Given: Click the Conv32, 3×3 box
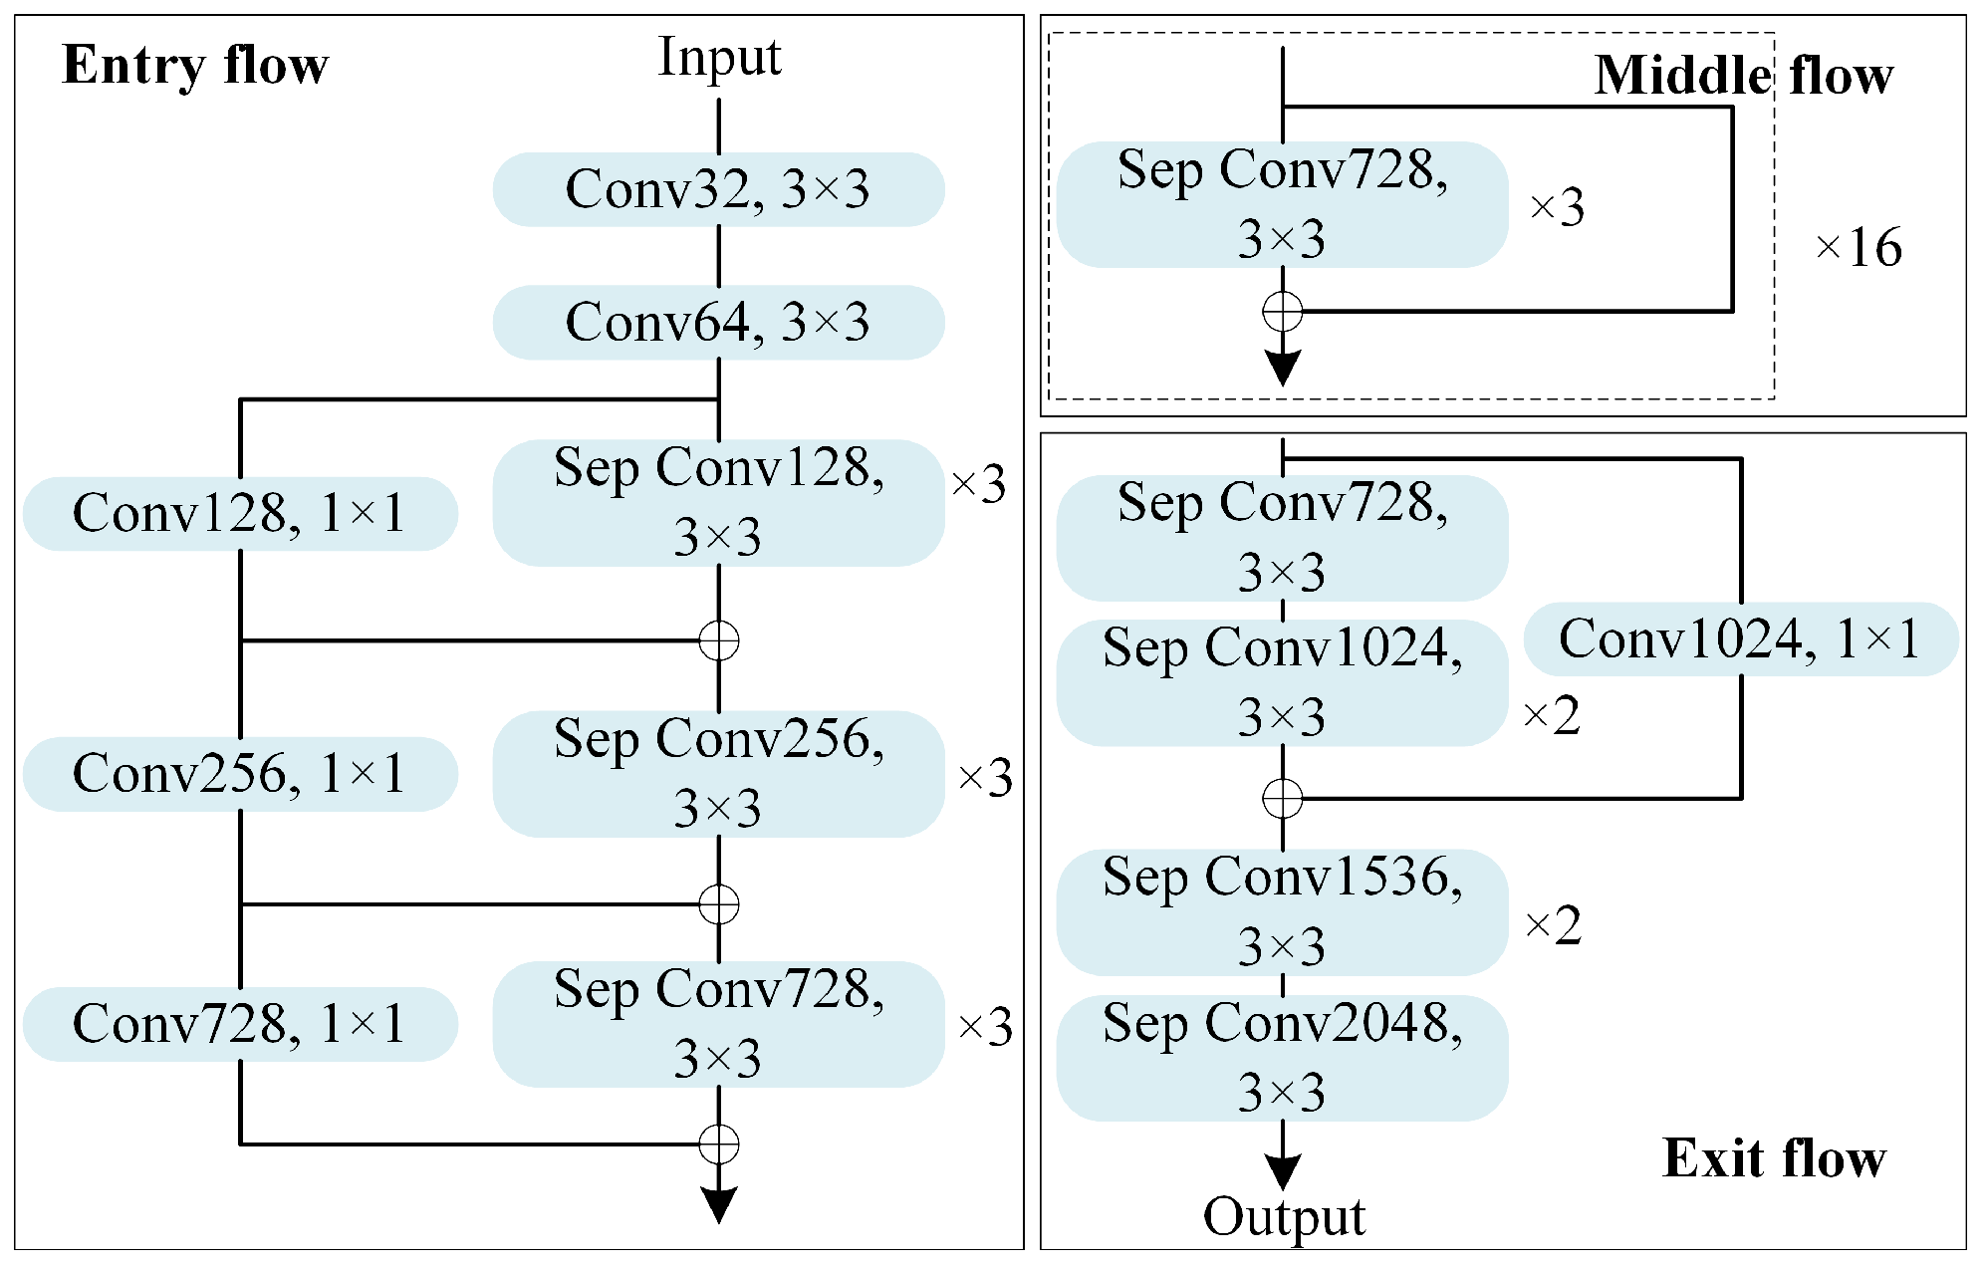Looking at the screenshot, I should point(718,189).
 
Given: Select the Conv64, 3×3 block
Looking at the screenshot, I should point(718,323).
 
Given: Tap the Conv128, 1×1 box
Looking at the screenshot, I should point(240,514).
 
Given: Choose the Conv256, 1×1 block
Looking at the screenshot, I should point(240,774).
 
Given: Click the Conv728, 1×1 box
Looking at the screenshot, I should point(240,1024).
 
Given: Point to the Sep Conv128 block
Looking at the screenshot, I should point(718,503).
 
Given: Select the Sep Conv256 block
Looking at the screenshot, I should point(718,774).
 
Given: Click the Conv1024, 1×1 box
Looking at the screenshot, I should point(1740,639).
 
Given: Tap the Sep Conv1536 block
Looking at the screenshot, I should point(1282,912).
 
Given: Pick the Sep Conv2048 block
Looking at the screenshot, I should point(1282,1058).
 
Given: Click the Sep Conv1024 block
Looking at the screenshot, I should point(1282,683).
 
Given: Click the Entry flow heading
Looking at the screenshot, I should point(195,66).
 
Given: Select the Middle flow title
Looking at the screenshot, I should point(1743,76).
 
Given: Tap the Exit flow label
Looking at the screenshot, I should point(1774,1158).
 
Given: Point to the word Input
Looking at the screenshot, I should point(719,57).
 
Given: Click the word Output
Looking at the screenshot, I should point(1284,1217).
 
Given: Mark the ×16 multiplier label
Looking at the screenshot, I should point(1858,247).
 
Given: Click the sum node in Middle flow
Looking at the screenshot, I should point(1282,312).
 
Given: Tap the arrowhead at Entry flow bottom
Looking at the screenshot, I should point(718,1204).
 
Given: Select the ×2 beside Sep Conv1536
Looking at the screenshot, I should point(1553,926).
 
